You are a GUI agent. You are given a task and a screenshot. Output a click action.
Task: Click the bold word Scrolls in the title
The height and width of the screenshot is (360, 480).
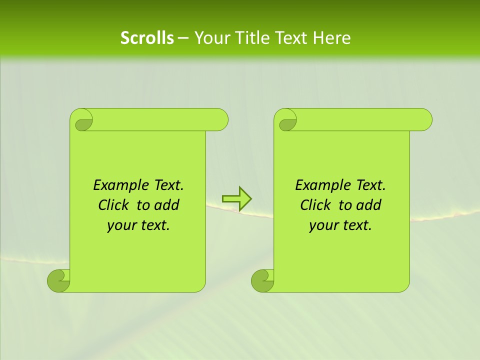click(x=147, y=38)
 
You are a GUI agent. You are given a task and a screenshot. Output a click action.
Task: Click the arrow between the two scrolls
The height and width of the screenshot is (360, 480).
click(x=237, y=198)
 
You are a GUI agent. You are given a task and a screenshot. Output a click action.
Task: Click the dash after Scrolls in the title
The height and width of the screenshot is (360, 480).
click(x=183, y=38)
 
